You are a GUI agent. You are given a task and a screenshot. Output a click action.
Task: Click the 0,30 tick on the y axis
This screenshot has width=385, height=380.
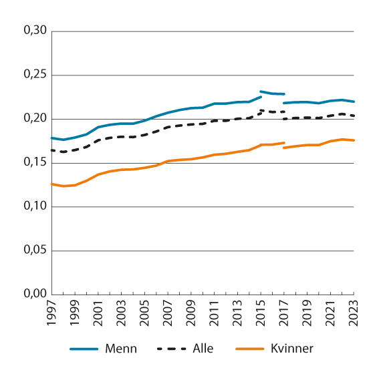tap(35, 31)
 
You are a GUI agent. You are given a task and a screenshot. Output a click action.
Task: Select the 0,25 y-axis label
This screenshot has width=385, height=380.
tap(35, 75)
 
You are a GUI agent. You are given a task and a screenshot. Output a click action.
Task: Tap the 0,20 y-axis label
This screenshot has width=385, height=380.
tap(35, 119)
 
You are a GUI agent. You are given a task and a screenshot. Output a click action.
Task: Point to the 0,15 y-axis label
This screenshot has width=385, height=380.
tap(35, 163)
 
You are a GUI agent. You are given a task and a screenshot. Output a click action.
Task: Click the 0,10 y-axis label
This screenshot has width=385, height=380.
tap(35, 207)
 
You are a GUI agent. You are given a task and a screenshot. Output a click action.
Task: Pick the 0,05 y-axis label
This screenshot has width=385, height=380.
tap(35, 251)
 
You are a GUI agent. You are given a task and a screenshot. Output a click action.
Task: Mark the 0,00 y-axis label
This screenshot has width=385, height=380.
tap(35, 295)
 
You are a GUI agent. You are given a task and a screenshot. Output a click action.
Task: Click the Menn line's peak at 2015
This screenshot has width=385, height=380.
tap(261, 91)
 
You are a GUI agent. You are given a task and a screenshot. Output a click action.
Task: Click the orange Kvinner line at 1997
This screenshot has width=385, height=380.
tap(52, 184)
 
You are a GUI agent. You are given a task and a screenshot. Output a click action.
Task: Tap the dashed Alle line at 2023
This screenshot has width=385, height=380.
tap(353, 116)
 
